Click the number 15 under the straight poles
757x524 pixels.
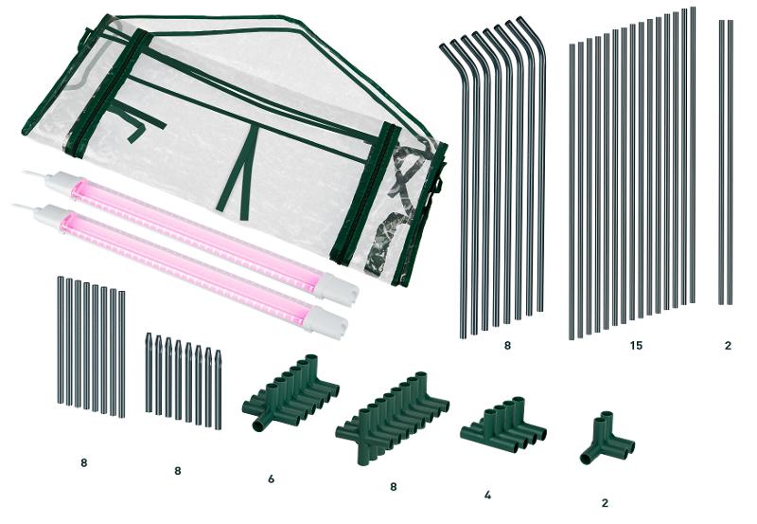click(636, 346)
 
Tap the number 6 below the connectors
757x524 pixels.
click(272, 479)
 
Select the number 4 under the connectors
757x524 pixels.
click(487, 495)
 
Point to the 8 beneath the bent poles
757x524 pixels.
click(507, 346)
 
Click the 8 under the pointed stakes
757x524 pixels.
click(178, 471)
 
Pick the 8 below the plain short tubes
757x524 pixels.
click(84, 462)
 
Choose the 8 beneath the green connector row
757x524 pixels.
click(394, 487)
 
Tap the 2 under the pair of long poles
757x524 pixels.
click(728, 346)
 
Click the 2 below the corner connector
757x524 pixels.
click(605, 503)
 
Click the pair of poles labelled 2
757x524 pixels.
click(726, 162)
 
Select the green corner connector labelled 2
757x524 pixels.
click(607, 439)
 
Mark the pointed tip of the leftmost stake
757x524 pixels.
click(149, 335)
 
